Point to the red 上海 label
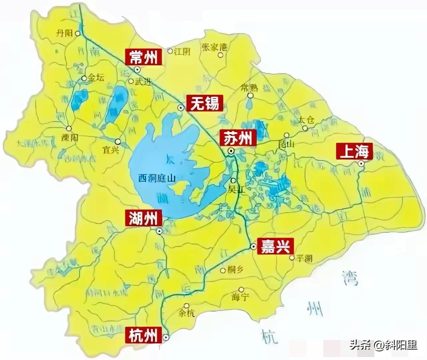click(x=354, y=152)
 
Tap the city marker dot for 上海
click(x=361, y=163)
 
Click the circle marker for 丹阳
click(x=78, y=33)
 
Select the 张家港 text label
click(x=214, y=47)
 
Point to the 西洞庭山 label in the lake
click(x=157, y=179)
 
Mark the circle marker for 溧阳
click(x=69, y=128)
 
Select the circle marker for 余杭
click(x=187, y=305)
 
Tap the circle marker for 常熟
click(x=250, y=96)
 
